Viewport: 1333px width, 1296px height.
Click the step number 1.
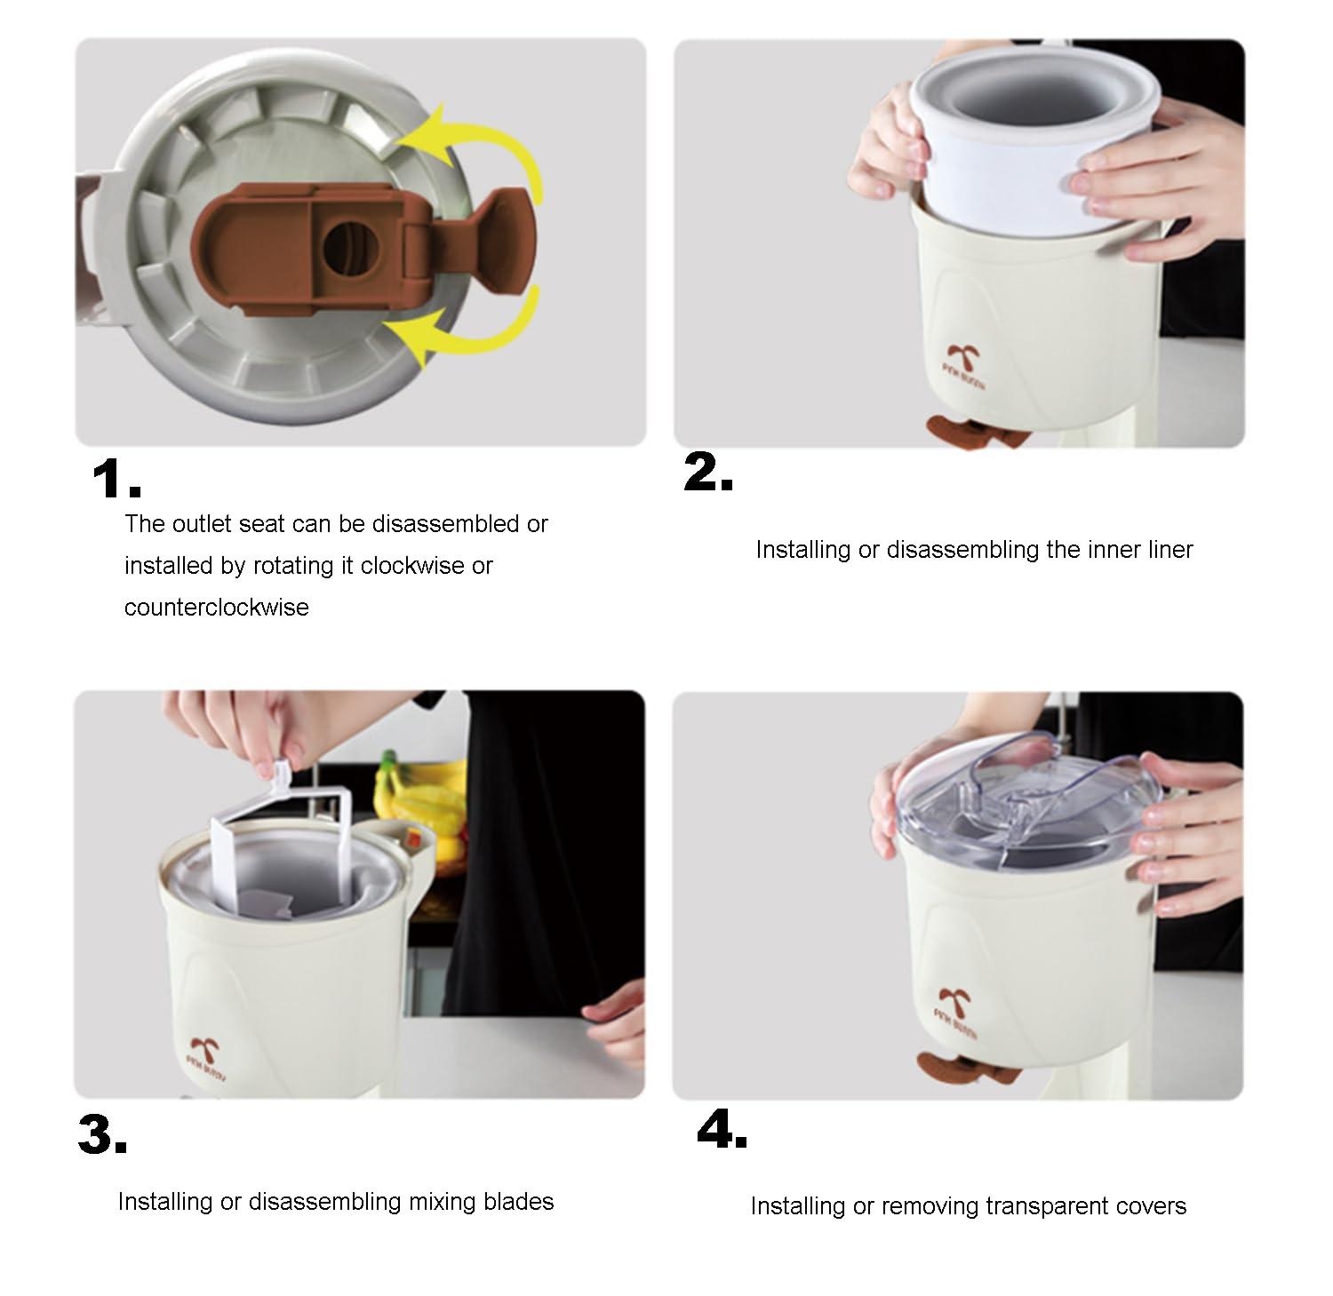(x=115, y=481)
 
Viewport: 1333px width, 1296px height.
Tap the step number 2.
(x=707, y=473)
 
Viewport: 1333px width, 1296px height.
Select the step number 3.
(x=101, y=1134)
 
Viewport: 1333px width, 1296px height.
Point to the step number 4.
(x=721, y=1131)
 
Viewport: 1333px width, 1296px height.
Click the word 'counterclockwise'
(x=216, y=608)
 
